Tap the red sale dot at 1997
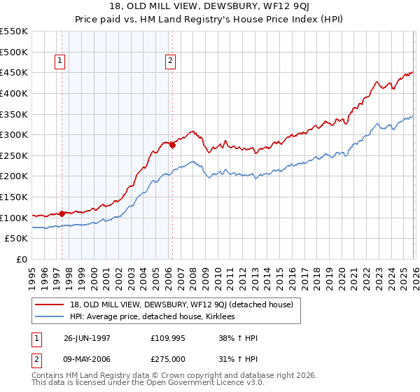pos(62,213)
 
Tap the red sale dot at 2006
pos(172,145)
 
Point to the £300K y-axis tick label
pos(14,134)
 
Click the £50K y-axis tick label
pos(17,239)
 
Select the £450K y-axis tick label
pos(14,72)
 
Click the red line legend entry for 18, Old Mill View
pos(185,304)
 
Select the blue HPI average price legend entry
pos(155,317)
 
